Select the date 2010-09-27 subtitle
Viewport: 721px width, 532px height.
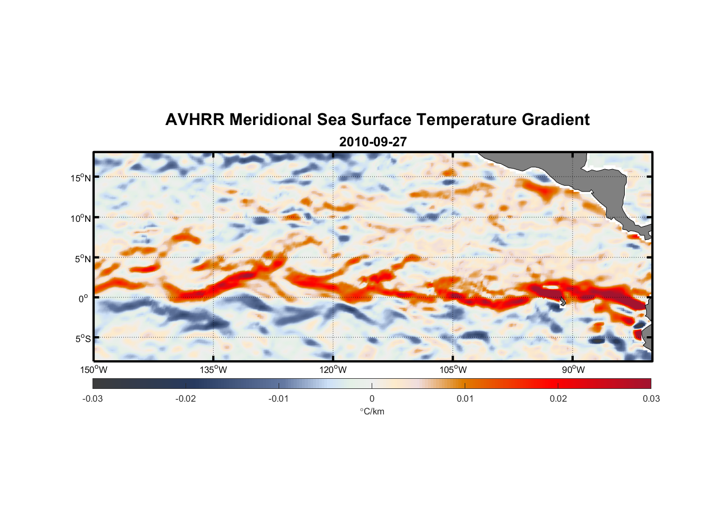pyautogui.click(x=373, y=142)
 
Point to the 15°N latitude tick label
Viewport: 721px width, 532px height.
pyautogui.click(x=81, y=178)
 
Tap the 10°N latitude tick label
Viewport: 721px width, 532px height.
pyautogui.click(x=81, y=218)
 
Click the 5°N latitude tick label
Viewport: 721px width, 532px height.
pyautogui.click(x=83, y=259)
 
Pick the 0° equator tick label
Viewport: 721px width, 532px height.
pyautogui.click(x=83, y=298)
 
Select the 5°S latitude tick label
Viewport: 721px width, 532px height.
pyautogui.click(x=83, y=338)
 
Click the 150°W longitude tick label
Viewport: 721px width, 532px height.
pyautogui.click(x=94, y=370)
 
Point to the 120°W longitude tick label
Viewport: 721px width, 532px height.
pyautogui.click(x=333, y=370)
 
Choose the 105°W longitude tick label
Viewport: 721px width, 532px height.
pyautogui.click(x=453, y=370)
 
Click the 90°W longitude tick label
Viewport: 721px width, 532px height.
pyautogui.click(x=573, y=370)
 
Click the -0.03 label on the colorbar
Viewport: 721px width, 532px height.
pyautogui.click(x=93, y=398)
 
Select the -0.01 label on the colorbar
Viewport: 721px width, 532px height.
pyautogui.click(x=279, y=398)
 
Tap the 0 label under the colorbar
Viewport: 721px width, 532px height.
pyautogui.click(x=372, y=398)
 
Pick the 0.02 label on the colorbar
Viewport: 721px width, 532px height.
pyautogui.click(x=558, y=398)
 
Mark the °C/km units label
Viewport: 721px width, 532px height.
pyautogui.click(x=372, y=411)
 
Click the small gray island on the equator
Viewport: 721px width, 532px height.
pyautogui.click(x=562, y=302)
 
